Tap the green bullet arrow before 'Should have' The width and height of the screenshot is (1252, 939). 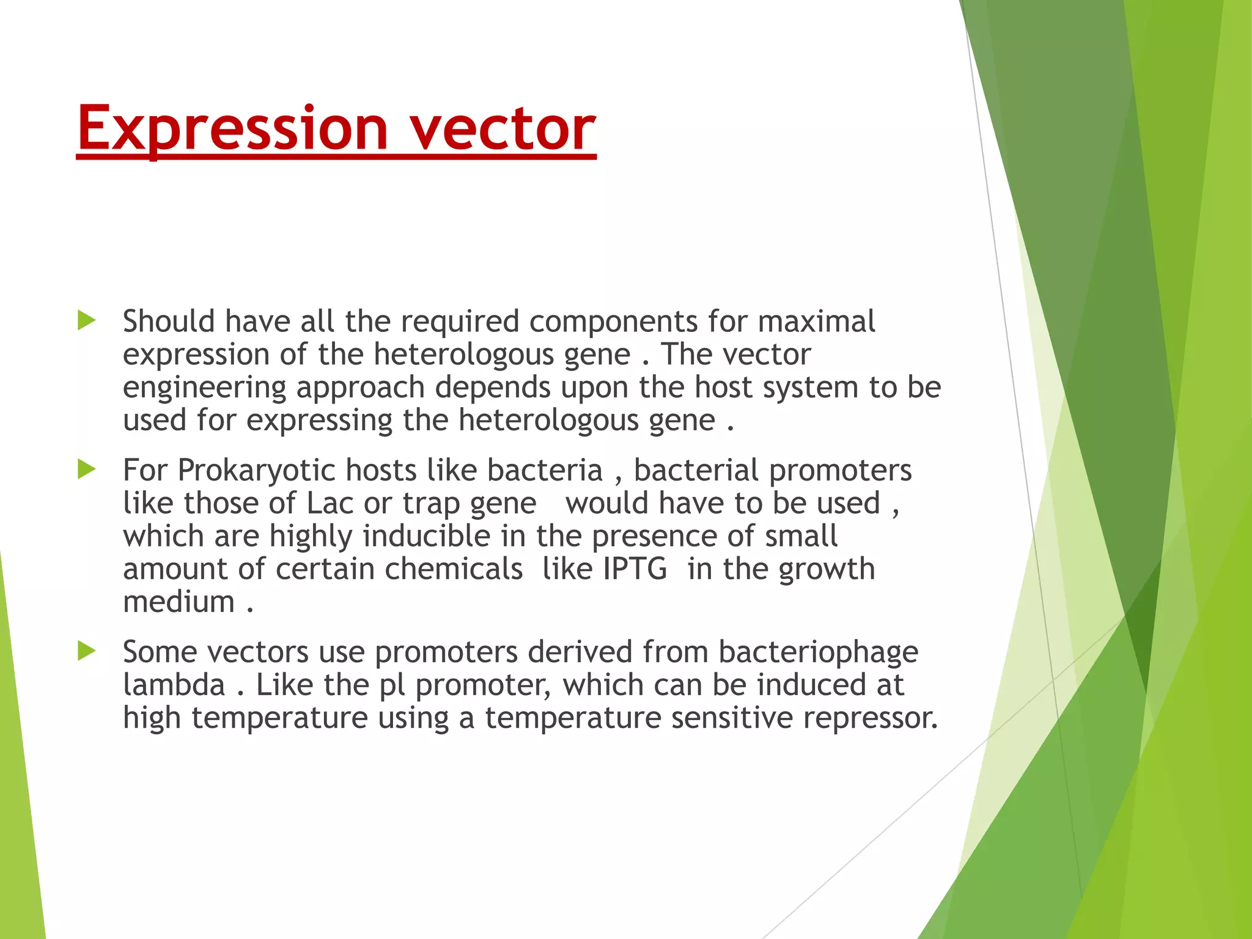(x=87, y=320)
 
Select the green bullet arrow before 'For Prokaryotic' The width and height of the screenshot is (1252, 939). (x=87, y=469)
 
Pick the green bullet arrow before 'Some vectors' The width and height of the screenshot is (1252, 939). (x=87, y=651)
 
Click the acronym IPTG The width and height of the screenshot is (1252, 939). (x=635, y=569)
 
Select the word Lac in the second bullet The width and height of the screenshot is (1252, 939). (x=330, y=504)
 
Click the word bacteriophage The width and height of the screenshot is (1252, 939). (x=818, y=652)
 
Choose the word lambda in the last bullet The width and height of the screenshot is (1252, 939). (x=174, y=685)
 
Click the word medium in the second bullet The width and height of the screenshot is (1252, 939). (x=179, y=602)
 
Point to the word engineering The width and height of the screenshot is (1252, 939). (x=205, y=388)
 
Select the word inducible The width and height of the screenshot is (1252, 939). (x=427, y=536)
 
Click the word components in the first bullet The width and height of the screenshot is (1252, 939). (x=613, y=322)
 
